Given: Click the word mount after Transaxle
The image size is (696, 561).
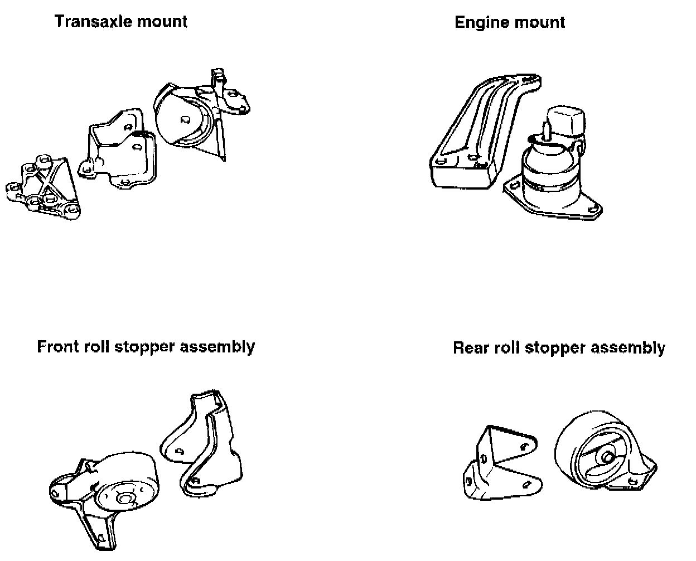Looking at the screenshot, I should [x=163, y=22].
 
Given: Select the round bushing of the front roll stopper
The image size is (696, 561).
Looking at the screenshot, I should [x=120, y=485].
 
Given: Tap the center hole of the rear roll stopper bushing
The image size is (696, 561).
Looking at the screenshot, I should [x=607, y=457].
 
